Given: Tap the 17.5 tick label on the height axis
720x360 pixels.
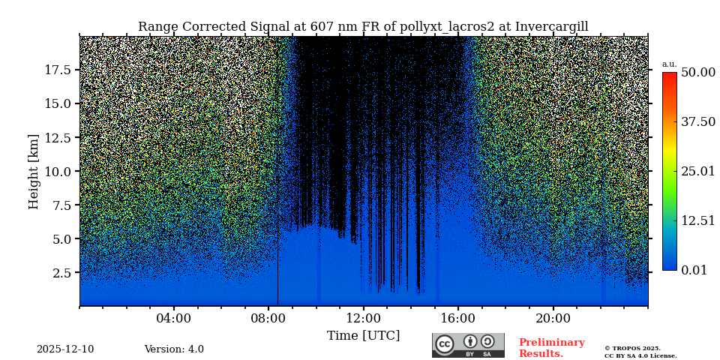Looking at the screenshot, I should [x=58, y=70].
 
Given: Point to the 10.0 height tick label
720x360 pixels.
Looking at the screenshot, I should [x=58, y=171].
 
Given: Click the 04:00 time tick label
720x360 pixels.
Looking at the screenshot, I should [x=174, y=319].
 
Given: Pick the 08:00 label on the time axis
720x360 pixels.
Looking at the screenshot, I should [x=268, y=319].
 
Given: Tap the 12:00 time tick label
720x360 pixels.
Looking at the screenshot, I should [x=364, y=319].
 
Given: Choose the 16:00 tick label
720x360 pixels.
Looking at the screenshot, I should [x=458, y=319].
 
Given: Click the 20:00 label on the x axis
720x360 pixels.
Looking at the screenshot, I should [x=553, y=319].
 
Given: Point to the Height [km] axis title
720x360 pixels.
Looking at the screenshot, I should [x=34, y=171].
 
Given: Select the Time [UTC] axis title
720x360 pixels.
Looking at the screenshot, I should [x=363, y=335].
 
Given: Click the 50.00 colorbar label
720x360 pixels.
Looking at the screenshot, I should [x=697, y=72].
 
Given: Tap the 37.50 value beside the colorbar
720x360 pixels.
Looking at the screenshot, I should [x=697, y=121].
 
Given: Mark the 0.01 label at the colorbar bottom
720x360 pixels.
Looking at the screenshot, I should [x=694, y=270].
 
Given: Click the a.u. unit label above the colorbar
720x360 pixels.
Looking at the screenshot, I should [x=669, y=64].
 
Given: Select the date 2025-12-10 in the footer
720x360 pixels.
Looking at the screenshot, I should [x=65, y=349].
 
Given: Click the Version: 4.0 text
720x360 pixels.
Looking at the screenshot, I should [x=174, y=349].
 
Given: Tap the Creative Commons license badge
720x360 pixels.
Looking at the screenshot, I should [x=468, y=345].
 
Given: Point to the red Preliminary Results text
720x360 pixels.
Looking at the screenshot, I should [x=551, y=348].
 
